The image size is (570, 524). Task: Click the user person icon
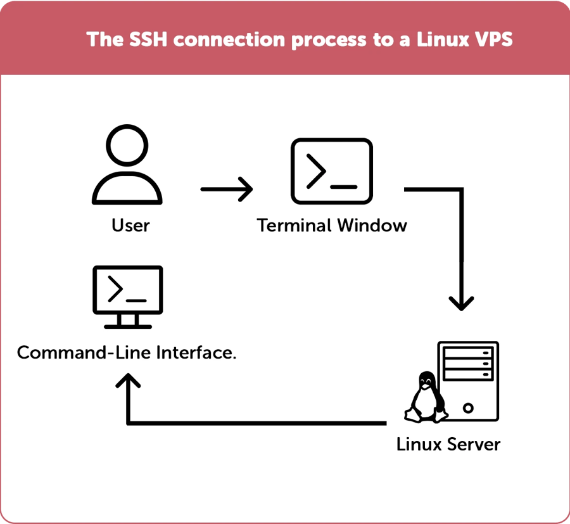click(127, 166)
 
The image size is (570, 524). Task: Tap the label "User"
click(130, 225)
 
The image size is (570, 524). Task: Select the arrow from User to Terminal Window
click(226, 189)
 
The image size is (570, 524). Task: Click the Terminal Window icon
click(331, 171)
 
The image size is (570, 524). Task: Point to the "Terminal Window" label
click(331, 225)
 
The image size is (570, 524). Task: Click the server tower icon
click(468, 380)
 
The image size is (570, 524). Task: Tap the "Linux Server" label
click(448, 444)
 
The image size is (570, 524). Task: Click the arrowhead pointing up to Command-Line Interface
click(128, 382)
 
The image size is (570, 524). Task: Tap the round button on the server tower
click(469, 405)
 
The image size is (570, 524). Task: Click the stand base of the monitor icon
click(128, 326)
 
